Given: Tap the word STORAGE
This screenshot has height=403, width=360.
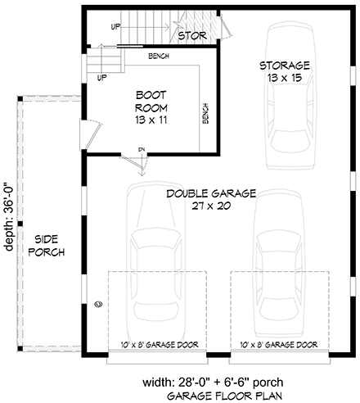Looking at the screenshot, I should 284,66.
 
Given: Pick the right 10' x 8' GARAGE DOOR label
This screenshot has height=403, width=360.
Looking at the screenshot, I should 277,345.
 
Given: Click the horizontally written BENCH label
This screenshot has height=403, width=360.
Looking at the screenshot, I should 160,57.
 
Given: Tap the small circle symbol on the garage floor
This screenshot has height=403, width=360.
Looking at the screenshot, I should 98,304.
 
